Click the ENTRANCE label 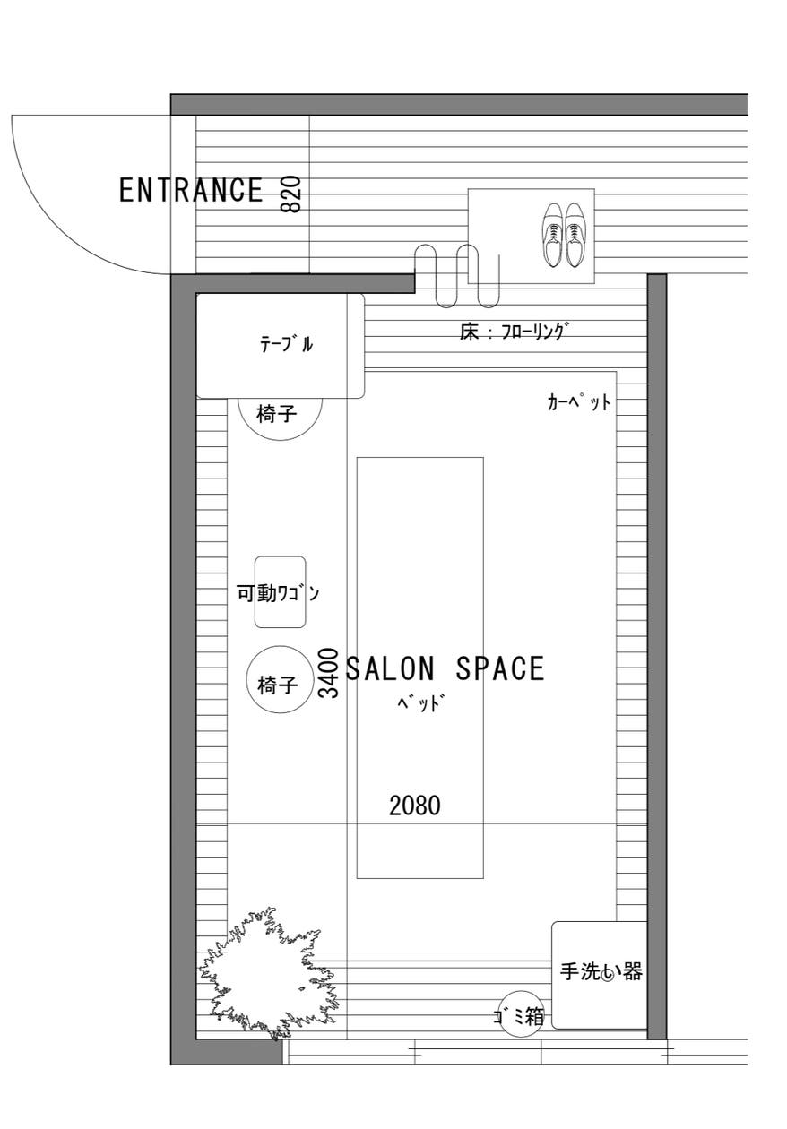191,190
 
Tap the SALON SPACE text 445,669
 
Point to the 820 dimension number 290,194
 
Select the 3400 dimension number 329,673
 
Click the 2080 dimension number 415,806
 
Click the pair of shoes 563,236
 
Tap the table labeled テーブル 280,345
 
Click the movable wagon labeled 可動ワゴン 280,592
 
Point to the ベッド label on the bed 420,702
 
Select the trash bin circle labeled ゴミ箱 521,1015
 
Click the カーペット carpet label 578,402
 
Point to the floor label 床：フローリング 514,332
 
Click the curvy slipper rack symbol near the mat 457,273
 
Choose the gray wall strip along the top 457,104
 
